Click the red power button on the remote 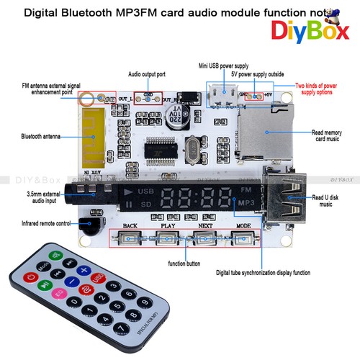point(30,277)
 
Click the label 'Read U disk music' point(331,201)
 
